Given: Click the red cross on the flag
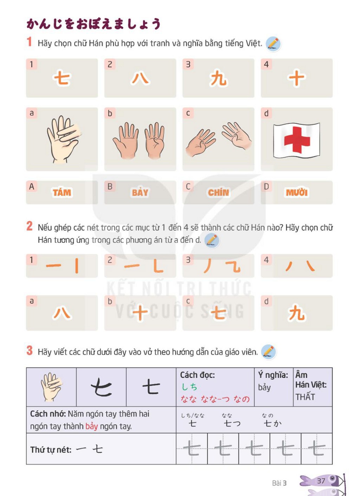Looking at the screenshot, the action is (x=297, y=140).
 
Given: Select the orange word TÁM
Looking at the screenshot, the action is (x=62, y=192).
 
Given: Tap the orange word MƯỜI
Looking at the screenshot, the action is (x=297, y=192).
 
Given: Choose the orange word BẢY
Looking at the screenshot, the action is (x=140, y=192).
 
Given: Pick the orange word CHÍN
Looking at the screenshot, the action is (x=218, y=192).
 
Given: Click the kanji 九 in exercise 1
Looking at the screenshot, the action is (x=218, y=78).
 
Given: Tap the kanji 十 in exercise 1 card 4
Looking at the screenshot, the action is (x=297, y=78).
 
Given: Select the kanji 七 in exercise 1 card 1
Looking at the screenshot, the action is (x=62, y=78).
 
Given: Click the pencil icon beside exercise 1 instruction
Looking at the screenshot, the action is (x=274, y=44).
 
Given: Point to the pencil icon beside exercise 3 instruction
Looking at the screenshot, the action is (x=269, y=352).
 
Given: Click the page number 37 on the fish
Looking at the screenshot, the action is (x=321, y=481).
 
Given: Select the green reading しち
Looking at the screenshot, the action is (x=189, y=387).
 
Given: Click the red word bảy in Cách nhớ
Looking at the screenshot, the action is (x=92, y=426).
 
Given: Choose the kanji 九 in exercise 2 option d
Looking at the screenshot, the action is (x=297, y=312).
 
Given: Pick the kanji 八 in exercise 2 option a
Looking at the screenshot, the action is (x=62, y=313).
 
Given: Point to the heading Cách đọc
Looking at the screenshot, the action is (x=197, y=375).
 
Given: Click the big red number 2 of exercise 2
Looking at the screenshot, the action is (x=30, y=226).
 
